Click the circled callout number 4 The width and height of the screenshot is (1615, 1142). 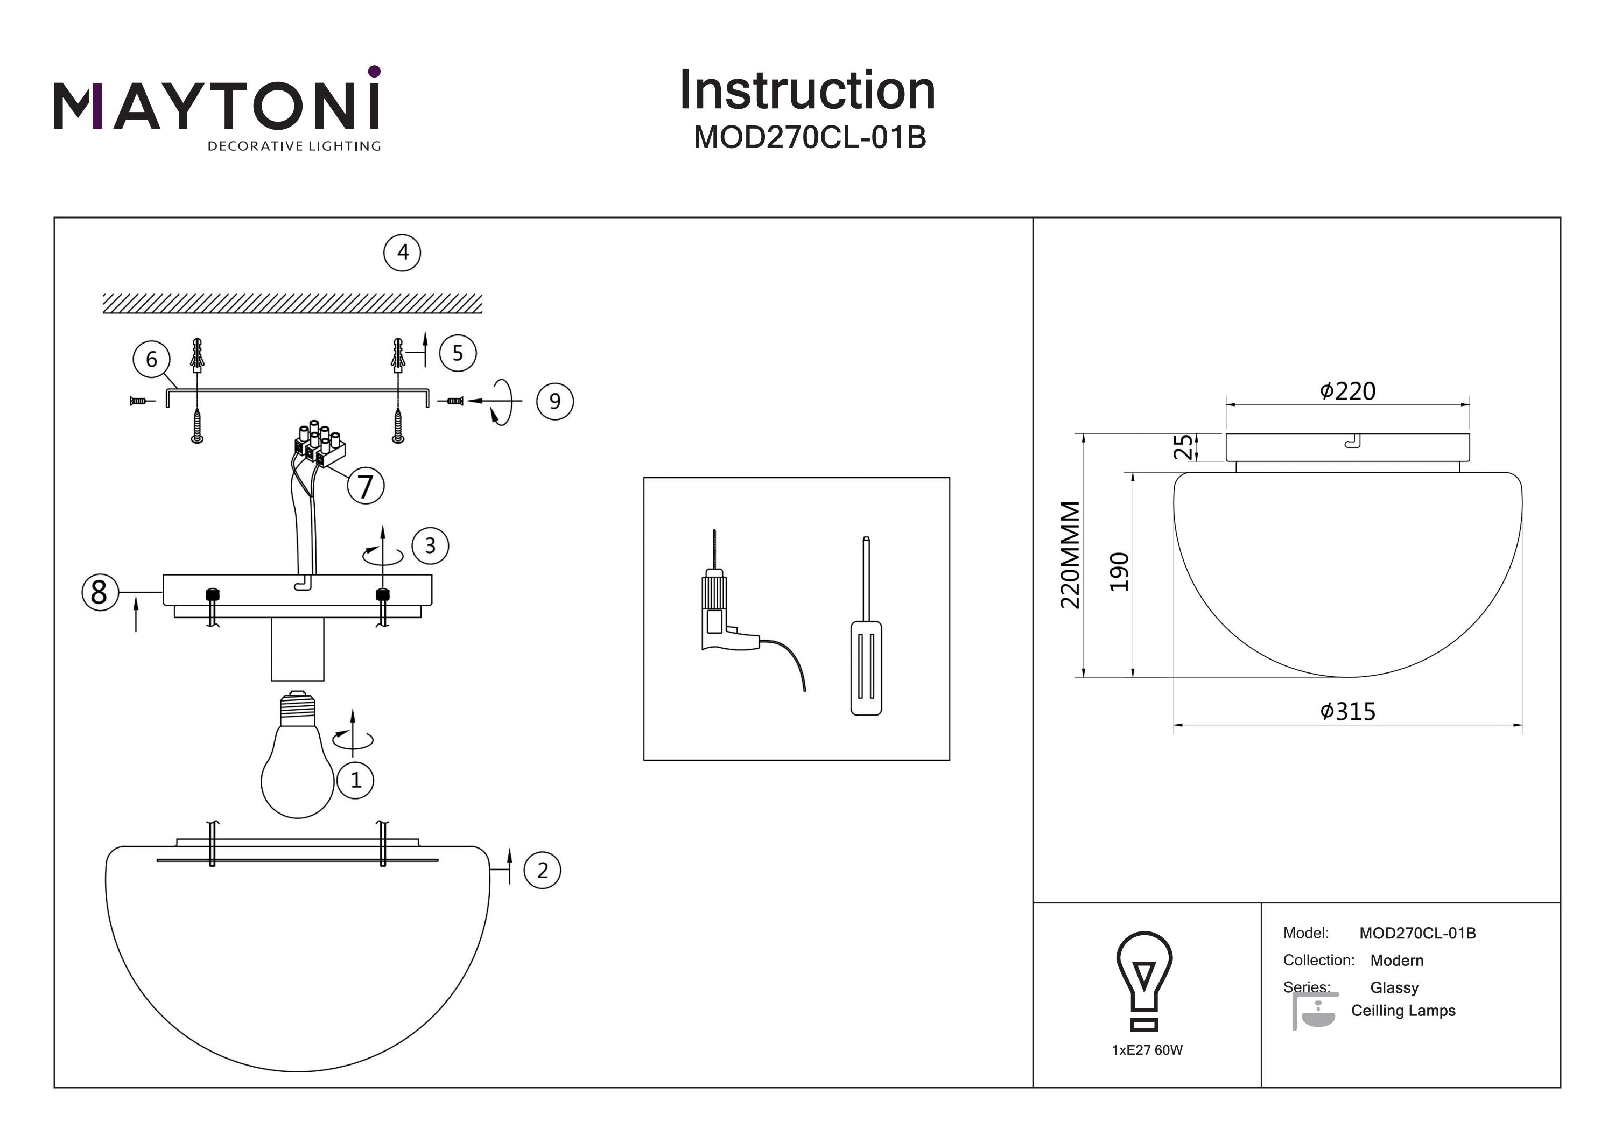coord(402,253)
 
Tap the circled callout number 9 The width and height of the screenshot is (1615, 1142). coord(555,402)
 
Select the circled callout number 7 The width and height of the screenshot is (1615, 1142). coord(366,486)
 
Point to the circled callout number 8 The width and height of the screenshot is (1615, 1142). coord(100,592)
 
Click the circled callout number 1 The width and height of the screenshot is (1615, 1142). coord(355,780)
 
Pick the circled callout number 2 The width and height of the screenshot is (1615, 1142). coord(542,871)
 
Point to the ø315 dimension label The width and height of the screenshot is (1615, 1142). coord(1347,711)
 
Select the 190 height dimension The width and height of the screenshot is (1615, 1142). coord(1119,572)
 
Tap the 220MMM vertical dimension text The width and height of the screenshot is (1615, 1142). coord(1070,555)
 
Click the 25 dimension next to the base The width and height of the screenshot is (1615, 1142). coord(1183,447)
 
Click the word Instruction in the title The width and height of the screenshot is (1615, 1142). coord(807,91)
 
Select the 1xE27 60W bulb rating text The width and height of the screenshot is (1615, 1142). coord(1147,1050)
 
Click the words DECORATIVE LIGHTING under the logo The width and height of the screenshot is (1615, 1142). coord(294,146)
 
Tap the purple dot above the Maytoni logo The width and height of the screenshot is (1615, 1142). coord(374,71)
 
